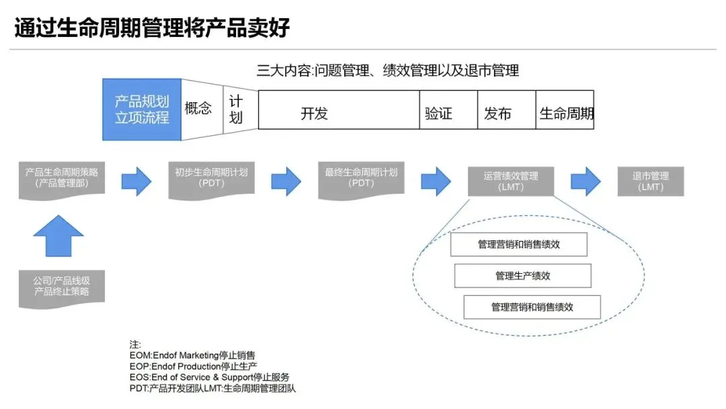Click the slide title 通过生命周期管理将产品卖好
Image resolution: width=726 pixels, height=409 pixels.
coord(152,28)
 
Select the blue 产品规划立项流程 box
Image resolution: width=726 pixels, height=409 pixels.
coord(141,110)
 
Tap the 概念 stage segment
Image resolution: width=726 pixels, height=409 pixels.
coord(199,108)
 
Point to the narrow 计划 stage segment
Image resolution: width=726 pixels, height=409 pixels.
coord(236,110)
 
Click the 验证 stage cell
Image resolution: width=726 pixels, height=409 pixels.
coord(438,113)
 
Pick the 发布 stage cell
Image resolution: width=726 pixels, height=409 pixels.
coord(497,113)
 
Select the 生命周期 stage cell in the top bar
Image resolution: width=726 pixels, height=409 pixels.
coord(566,113)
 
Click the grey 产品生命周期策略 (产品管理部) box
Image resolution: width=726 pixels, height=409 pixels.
coord(61,178)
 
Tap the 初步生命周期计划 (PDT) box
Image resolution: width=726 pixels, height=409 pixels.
coord(211,178)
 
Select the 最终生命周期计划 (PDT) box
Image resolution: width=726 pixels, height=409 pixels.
coord(361,178)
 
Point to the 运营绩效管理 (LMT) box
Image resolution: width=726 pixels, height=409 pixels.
coord(510,182)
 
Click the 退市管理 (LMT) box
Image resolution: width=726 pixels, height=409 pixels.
coord(650,182)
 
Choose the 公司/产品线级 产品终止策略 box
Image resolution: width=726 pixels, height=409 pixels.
coord(61,287)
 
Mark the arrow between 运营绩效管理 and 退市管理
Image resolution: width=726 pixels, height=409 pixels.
coord(586,181)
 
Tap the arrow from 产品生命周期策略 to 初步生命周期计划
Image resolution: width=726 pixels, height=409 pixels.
coord(136,181)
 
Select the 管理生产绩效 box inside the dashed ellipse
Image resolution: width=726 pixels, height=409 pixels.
coord(522,276)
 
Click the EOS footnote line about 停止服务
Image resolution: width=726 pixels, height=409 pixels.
coord(210,377)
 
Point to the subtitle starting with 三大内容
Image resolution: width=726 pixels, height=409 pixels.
coord(388,71)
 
